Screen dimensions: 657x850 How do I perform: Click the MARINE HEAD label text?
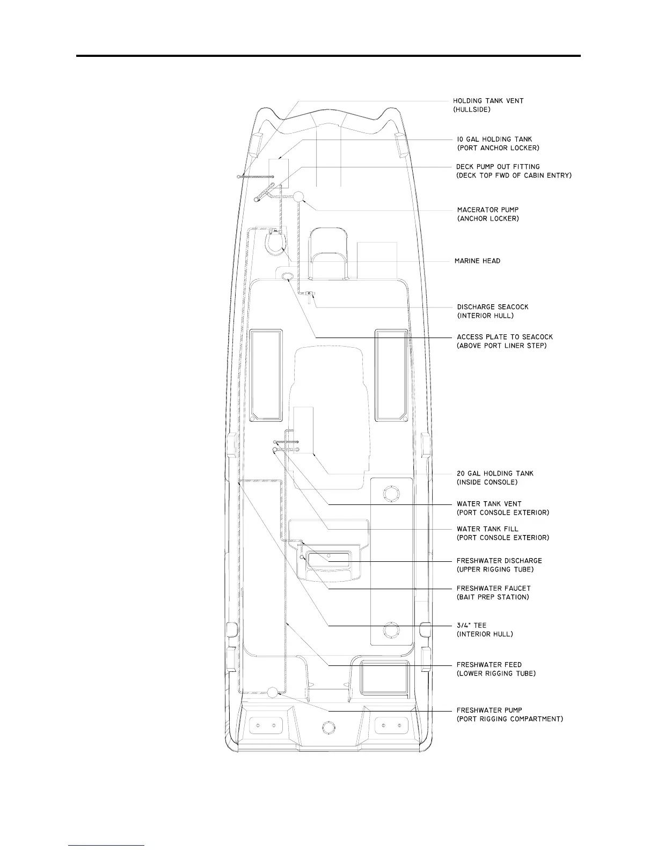[x=477, y=261]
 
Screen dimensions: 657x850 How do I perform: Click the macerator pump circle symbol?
[x=299, y=196]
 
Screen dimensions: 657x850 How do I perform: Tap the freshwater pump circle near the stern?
[x=273, y=692]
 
